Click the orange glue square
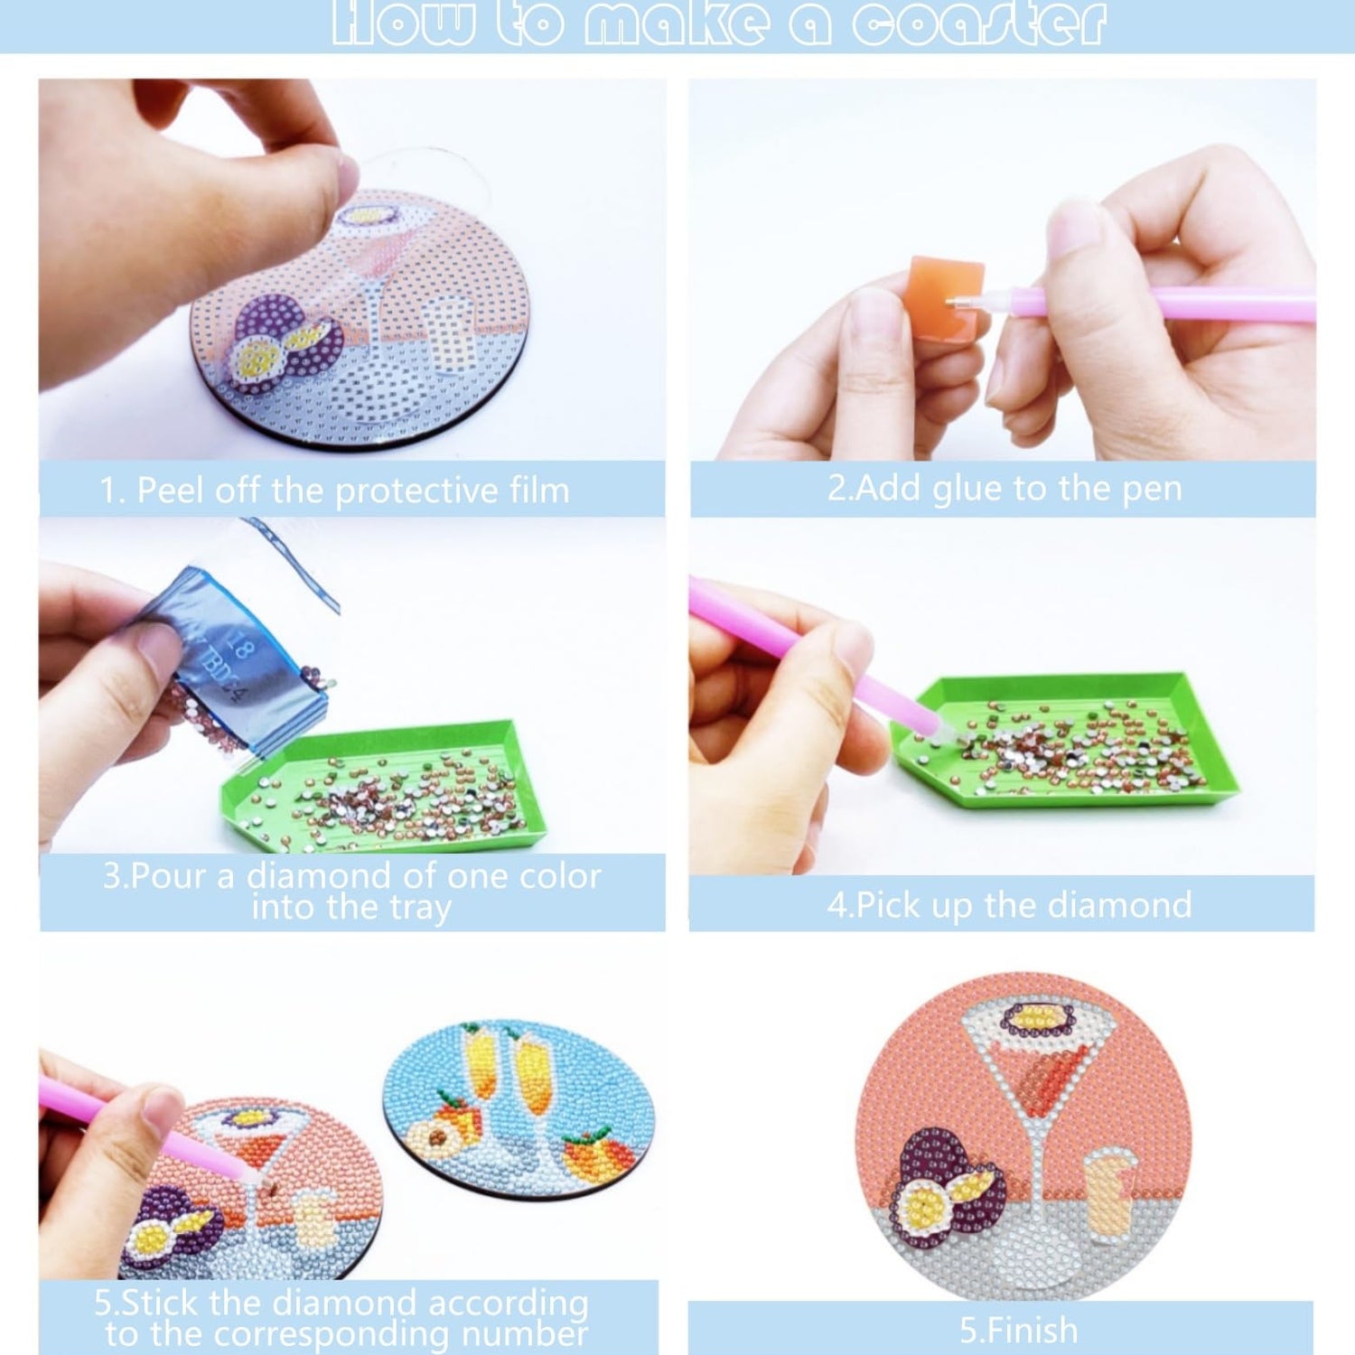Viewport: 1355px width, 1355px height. (x=946, y=298)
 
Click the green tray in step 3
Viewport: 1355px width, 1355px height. (x=379, y=786)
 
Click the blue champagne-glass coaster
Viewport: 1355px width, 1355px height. (x=519, y=1109)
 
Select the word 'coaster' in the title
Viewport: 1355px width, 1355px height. (x=979, y=24)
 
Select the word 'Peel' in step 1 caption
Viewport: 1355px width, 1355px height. (x=167, y=491)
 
